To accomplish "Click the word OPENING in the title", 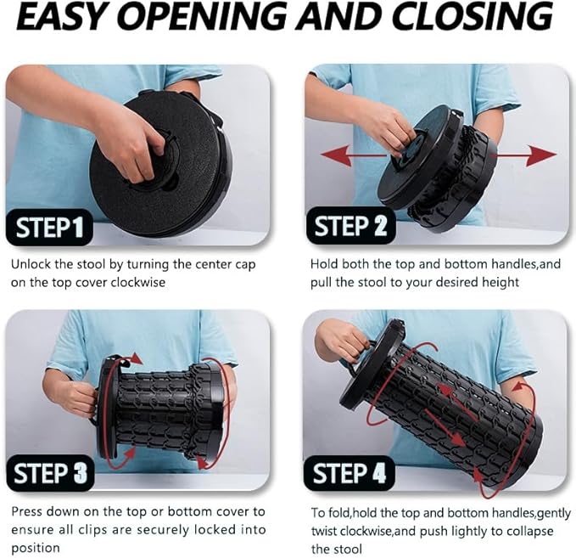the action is pos(204,16).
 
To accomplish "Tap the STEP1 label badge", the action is pos(49,228).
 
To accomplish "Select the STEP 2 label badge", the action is pos(350,225).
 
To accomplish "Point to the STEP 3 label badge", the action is pos(50,473).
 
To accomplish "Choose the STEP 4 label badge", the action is pos(349,473).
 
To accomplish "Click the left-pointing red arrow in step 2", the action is pos(353,155).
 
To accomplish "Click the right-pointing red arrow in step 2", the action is pos(523,155).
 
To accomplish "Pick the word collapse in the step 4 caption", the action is pos(530,532).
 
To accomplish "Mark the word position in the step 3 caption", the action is pos(36,549).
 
